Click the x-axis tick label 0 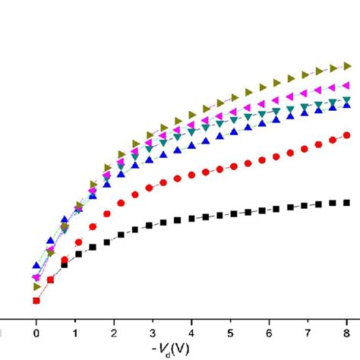(x=36, y=333)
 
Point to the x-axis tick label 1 (x=74, y=333)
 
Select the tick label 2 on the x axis (x=114, y=333)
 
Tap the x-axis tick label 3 (x=153, y=333)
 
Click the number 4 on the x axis (x=191, y=333)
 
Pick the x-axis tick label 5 (x=230, y=333)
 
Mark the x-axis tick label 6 (x=270, y=333)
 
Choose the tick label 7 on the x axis (x=308, y=333)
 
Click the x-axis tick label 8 (x=347, y=333)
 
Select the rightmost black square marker (x=347, y=202)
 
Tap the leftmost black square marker (x=36, y=301)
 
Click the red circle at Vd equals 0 (x=36, y=301)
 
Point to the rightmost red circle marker (x=347, y=135)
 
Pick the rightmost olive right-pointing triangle (x=347, y=66)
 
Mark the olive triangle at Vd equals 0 (x=36, y=286)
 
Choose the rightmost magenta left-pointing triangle (x=347, y=86)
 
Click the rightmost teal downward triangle (x=347, y=99)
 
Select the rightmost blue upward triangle (x=347, y=106)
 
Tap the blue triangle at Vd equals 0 (x=36, y=266)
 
